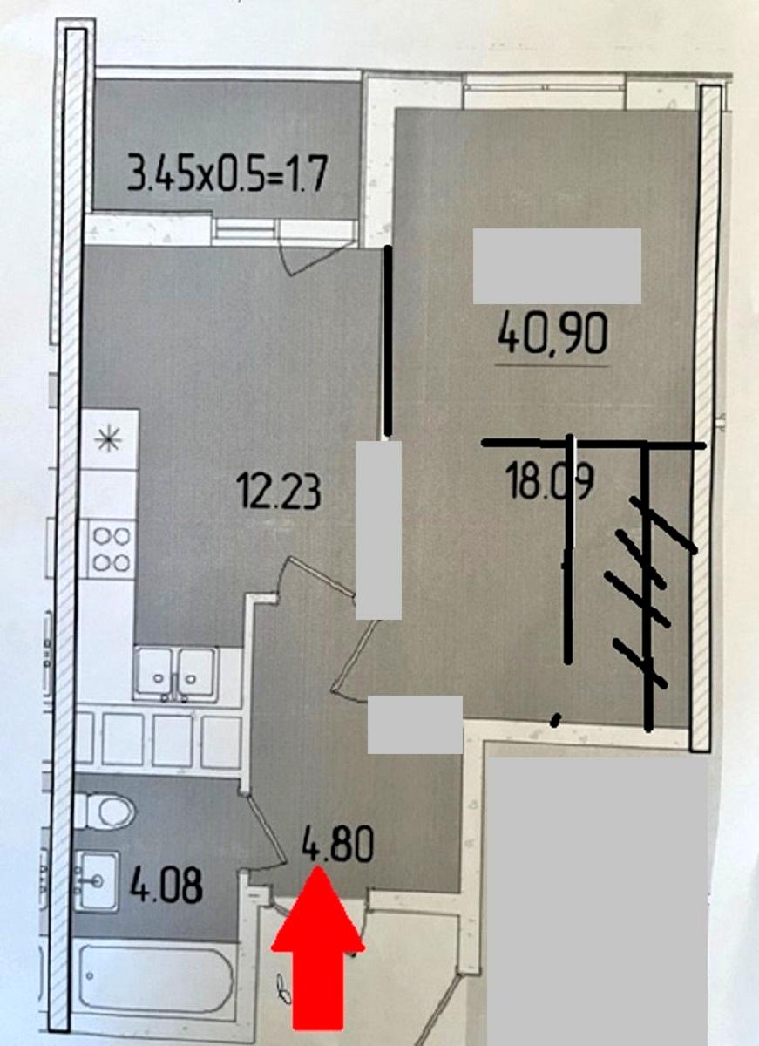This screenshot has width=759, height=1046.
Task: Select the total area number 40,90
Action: tap(552, 333)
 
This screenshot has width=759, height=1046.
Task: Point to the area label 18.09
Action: tap(550, 481)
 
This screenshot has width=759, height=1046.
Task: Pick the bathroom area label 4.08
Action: tap(166, 887)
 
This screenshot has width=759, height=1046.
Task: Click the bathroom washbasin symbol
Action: tap(97, 880)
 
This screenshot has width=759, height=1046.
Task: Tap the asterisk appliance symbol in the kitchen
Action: tap(111, 438)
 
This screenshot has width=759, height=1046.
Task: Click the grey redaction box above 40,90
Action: tap(557, 266)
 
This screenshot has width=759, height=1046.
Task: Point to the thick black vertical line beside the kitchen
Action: tap(387, 340)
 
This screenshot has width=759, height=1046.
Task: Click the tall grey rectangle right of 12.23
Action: tap(379, 529)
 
